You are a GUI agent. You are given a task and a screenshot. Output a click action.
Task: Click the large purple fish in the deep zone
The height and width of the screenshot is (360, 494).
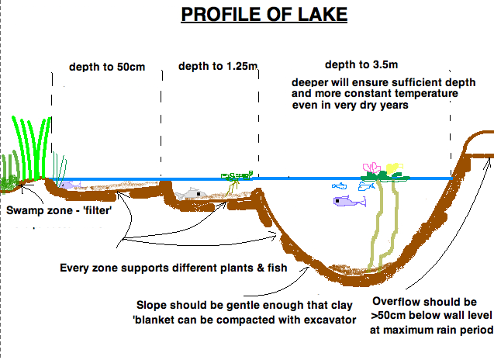click(x=349, y=202)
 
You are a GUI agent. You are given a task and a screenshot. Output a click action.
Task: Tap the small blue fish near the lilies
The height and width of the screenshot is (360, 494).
click(x=339, y=186)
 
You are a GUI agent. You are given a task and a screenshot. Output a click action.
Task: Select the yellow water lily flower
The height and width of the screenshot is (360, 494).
click(x=392, y=168)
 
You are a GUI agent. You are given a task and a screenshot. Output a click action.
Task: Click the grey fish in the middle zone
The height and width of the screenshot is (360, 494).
click(x=191, y=194)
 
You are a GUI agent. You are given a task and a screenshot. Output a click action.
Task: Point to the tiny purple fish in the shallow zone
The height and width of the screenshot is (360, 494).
click(x=68, y=185)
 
